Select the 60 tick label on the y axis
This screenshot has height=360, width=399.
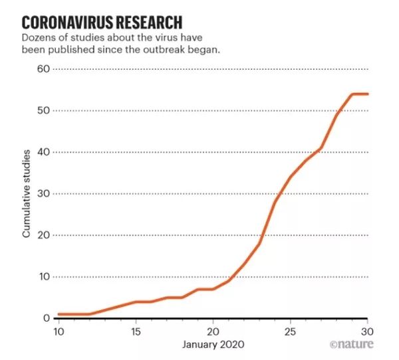43,69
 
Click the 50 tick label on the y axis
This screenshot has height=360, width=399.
43,110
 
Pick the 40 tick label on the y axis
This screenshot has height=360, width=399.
43,152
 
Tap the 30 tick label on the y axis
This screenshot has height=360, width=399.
43,194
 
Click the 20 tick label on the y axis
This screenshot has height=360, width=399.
43,235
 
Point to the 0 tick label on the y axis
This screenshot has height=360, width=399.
46,319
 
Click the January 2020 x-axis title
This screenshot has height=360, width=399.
213,345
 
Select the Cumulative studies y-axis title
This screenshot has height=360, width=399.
27,193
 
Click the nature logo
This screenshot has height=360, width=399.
352,345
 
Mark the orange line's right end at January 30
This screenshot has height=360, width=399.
368,94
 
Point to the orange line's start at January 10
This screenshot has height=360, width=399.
59,314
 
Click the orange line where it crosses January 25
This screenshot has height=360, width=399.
291,177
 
